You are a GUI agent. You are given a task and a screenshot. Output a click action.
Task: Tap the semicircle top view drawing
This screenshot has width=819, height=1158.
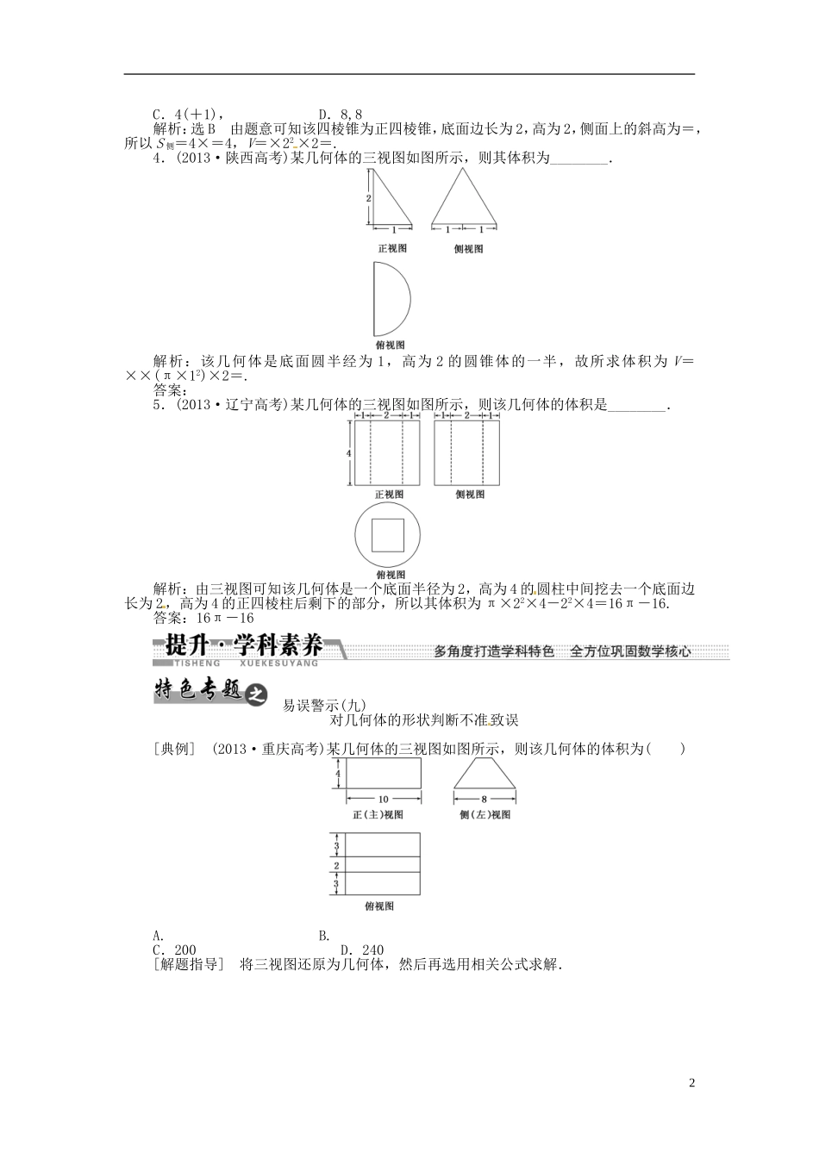[x=391, y=299]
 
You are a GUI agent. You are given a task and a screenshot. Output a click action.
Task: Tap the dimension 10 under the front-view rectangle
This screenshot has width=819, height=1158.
[x=383, y=799]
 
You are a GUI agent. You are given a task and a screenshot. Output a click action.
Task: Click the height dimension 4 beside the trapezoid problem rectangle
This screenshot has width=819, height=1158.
[x=338, y=774]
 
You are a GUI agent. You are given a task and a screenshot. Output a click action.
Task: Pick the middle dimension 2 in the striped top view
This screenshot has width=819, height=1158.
[x=336, y=865]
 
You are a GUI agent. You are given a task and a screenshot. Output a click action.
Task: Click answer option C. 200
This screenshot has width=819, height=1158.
[x=174, y=950]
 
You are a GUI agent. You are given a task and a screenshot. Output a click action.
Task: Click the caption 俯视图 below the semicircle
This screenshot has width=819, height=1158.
[x=392, y=344]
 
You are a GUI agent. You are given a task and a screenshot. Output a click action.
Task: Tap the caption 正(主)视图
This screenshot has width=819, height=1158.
[x=378, y=814]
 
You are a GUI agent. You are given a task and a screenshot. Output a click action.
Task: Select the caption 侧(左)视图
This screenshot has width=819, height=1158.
[x=485, y=814]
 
